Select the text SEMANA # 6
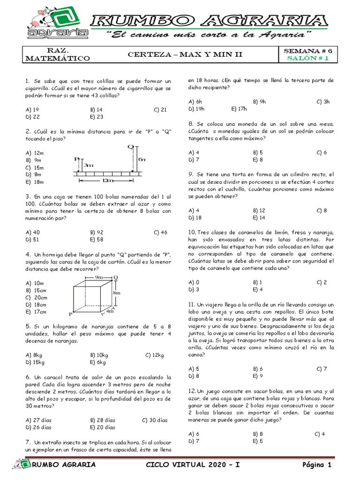click(308, 50)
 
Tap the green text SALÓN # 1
click(308, 58)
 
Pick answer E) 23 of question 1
click(97, 117)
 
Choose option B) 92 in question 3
click(97, 232)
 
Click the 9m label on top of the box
click(99, 277)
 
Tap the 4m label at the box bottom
click(110, 311)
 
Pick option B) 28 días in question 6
click(102, 420)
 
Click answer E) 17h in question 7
click(239, 108)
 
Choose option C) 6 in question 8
click(322, 152)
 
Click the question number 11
click(192, 304)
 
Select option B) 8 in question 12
click(257, 434)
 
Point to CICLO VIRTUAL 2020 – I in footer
click(193, 465)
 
